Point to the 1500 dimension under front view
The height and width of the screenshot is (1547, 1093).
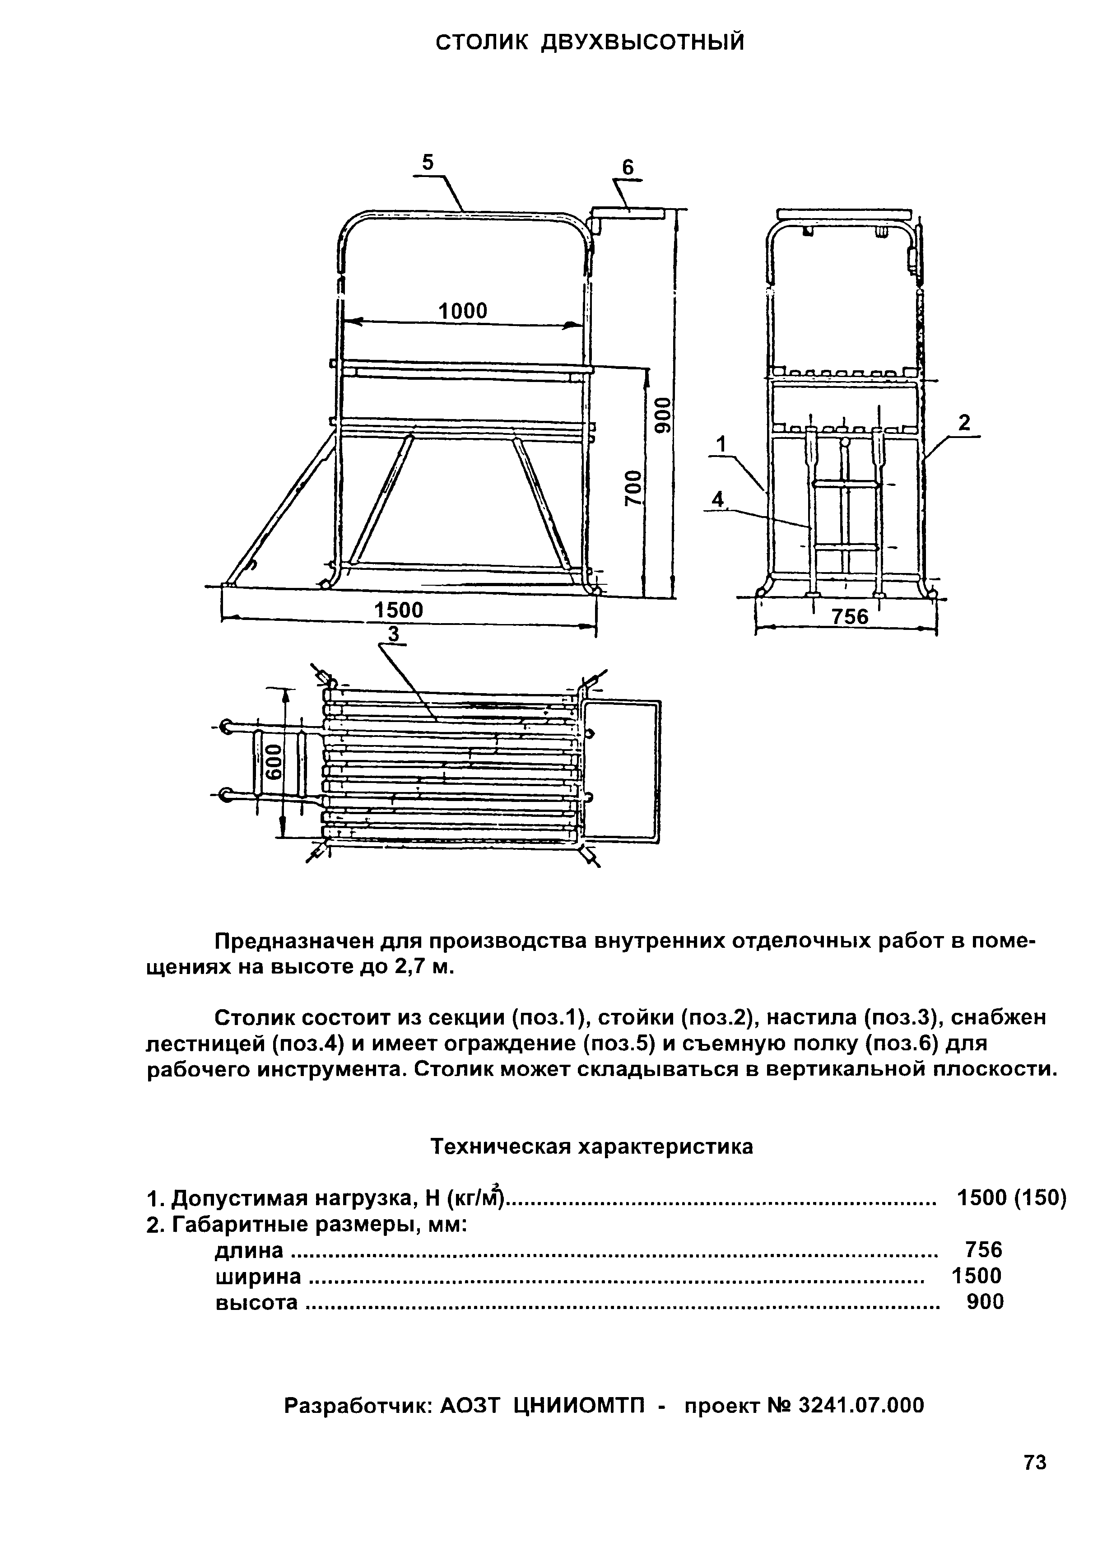399,610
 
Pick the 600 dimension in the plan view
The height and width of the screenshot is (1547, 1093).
273,761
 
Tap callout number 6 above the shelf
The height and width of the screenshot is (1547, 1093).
628,168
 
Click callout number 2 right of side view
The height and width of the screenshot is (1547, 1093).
964,423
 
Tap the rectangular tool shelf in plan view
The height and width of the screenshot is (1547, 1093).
623,771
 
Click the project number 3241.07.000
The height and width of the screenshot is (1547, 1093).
861,1424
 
